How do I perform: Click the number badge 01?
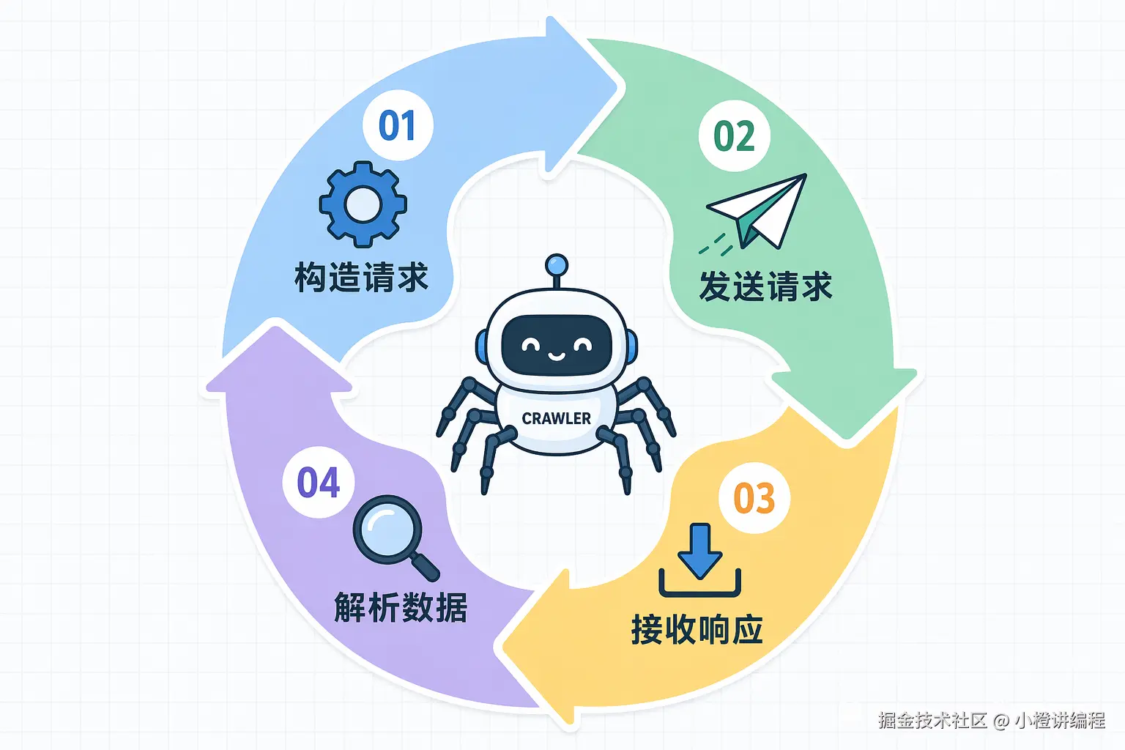point(398,125)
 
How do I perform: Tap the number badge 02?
point(734,136)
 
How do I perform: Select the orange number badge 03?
point(754,498)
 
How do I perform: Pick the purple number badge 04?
point(319,483)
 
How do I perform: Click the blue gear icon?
point(363,204)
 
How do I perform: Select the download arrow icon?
point(700,560)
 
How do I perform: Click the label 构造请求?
point(361,278)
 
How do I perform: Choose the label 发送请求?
point(765,286)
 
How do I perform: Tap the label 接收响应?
point(697,629)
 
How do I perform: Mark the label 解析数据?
point(401,607)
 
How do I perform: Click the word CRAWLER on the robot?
point(556,418)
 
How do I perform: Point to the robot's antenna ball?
point(557,264)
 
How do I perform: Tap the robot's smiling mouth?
point(556,356)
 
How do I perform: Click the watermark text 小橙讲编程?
point(1060,720)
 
